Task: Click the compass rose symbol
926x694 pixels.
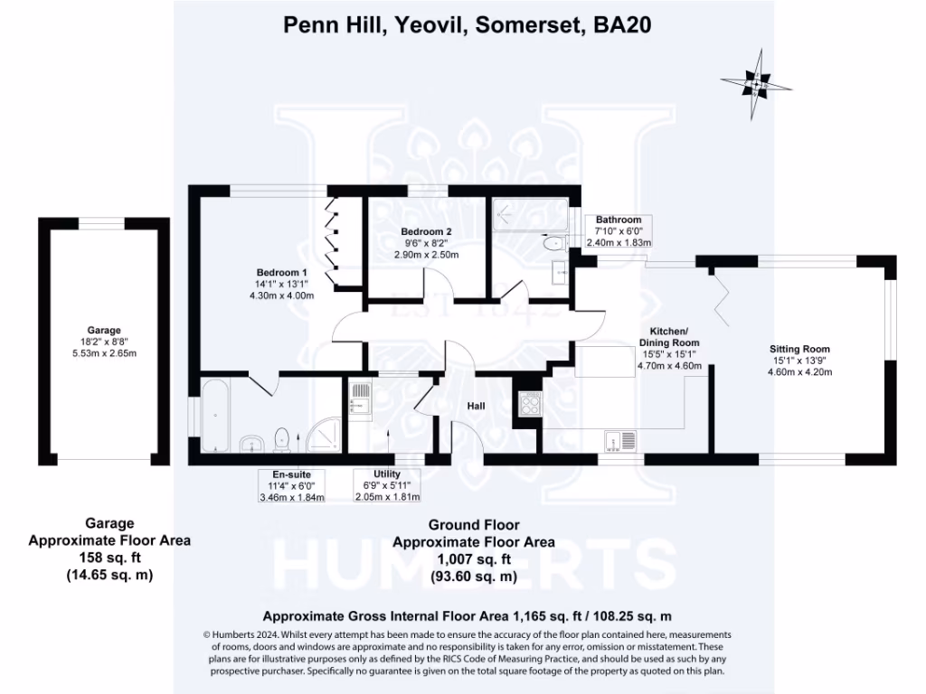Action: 755,86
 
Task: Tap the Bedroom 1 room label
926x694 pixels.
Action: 282,273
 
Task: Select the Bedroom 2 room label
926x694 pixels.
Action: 426,231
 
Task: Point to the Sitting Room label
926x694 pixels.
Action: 799,349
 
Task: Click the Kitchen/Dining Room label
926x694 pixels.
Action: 669,337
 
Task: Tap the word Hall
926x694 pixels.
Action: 476,407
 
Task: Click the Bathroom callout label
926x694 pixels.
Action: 619,220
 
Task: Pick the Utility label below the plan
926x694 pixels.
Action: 387,474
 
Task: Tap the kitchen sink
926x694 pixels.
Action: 622,440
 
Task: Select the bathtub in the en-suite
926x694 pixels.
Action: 214,417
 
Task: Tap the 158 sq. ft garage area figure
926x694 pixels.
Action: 109,558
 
